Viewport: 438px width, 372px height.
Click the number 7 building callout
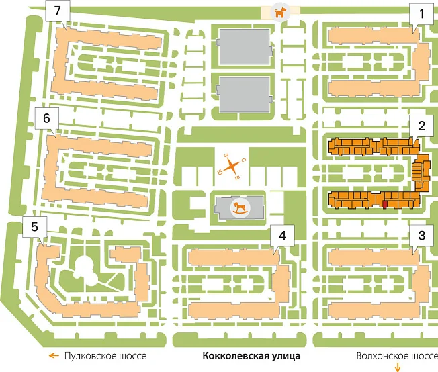pyautogui.click(x=58, y=11)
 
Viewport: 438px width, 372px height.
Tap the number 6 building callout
pyautogui.click(x=46, y=118)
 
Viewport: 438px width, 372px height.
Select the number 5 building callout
pyautogui.click(x=35, y=226)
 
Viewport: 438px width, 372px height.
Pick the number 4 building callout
pyautogui.click(x=282, y=236)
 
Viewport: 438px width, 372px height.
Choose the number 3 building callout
pyautogui.click(x=421, y=236)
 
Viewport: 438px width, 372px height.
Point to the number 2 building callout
pyautogui.click(x=421, y=126)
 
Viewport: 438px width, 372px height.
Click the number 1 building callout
pyautogui.click(x=421, y=14)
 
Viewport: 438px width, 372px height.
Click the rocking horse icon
pyautogui.click(x=240, y=207)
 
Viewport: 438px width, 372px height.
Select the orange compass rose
pyautogui.click(x=231, y=166)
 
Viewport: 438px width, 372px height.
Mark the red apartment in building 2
pyautogui.click(x=385, y=205)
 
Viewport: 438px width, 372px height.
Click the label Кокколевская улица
pyautogui.click(x=251, y=356)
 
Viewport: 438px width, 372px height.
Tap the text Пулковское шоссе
pyautogui.click(x=105, y=356)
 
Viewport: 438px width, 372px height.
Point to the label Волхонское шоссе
pyautogui.click(x=397, y=356)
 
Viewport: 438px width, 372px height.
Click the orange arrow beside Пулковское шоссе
pyautogui.click(x=54, y=355)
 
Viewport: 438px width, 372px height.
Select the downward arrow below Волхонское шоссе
pyautogui.click(x=398, y=367)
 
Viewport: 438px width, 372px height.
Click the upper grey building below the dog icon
pyautogui.click(x=245, y=46)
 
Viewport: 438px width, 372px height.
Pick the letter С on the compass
pyautogui.click(x=244, y=160)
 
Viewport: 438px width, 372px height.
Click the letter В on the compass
pyautogui.click(x=237, y=177)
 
